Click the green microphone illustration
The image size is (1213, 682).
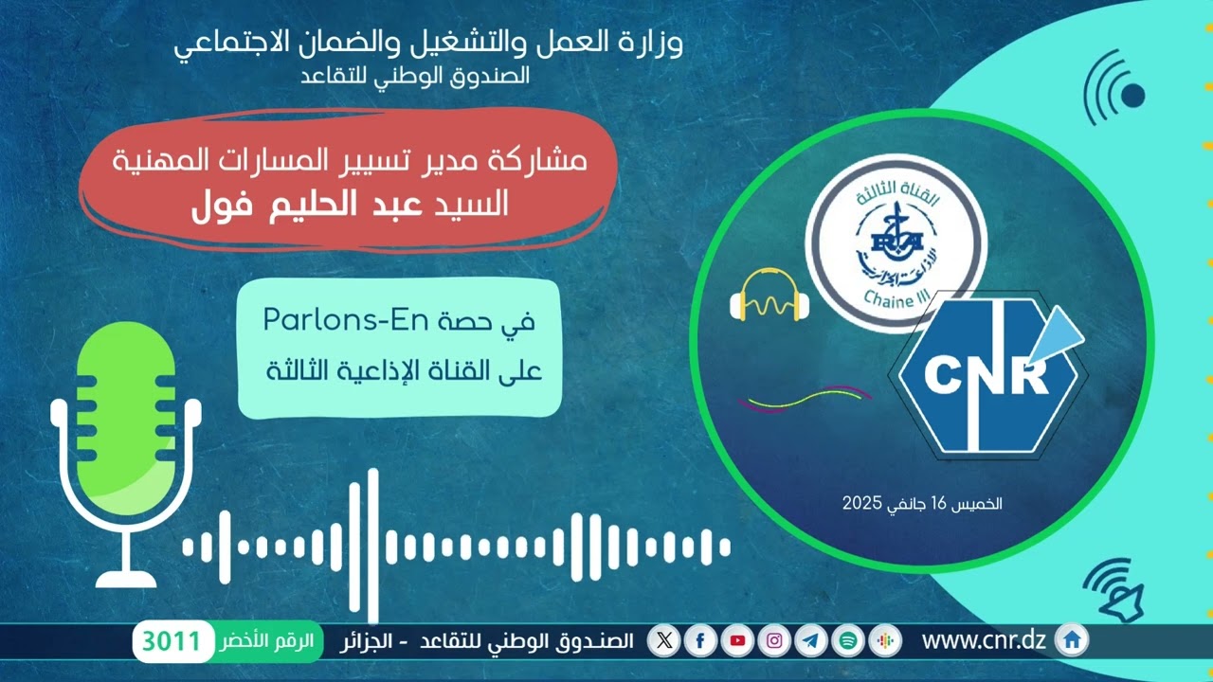tap(125, 445)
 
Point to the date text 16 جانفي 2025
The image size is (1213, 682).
tap(922, 504)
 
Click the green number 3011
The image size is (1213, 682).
tap(172, 642)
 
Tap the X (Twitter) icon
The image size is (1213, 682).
tap(664, 641)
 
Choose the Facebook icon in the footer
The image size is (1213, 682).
tap(700, 641)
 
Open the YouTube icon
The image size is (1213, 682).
tap(737, 641)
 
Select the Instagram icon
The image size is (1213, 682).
tap(774, 641)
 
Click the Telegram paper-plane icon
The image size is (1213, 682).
tap(811, 641)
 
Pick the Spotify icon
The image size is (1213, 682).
tap(848, 641)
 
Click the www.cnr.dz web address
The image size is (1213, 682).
tap(983, 641)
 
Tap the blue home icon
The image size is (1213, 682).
tap(1072, 641)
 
